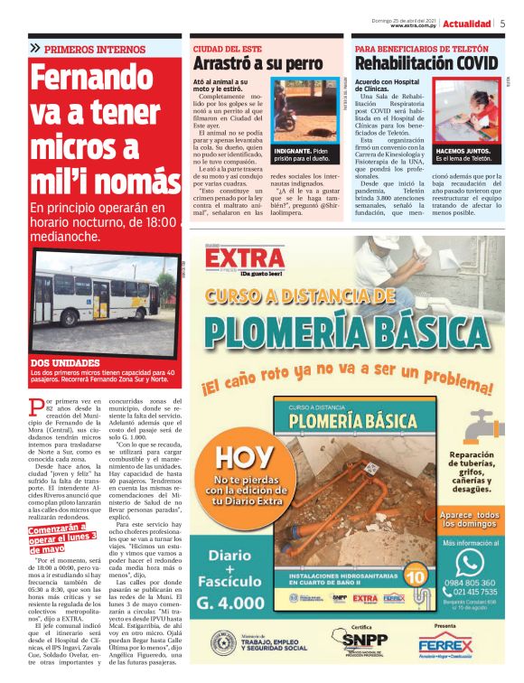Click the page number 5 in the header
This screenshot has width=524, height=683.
coord(502,24)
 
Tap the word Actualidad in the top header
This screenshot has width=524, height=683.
coord(468,24)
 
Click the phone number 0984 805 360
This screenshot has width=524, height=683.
coord(470,585)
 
